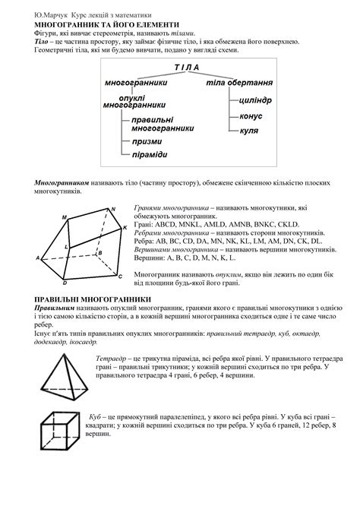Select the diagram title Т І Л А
185,68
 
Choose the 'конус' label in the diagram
251,117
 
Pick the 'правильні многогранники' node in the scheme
162,125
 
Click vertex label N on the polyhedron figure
112,209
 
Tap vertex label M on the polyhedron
65,218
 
